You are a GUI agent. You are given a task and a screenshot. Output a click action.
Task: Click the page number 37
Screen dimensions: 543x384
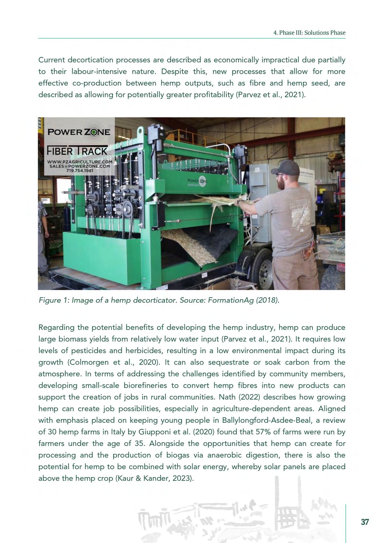tap(365, 522)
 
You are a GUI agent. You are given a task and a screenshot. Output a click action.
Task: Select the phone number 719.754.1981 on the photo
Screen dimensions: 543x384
tap(80, 171)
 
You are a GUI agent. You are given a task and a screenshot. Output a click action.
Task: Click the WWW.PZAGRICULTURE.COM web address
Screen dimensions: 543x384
tap(80, 162)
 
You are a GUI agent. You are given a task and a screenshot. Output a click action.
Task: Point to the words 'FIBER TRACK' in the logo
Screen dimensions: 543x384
tap(77, 151)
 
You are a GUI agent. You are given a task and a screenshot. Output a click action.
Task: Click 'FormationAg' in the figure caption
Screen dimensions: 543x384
tap(228, 300)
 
